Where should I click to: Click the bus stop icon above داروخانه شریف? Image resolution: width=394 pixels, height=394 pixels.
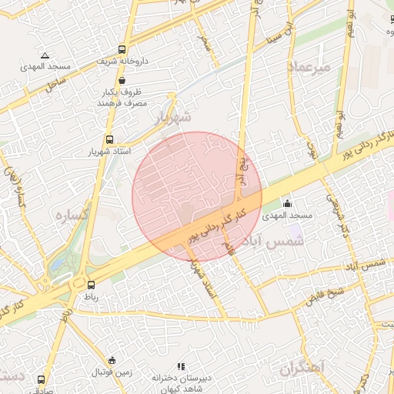(x=122, y=49)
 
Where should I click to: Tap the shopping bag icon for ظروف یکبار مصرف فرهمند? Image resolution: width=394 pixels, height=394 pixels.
(x=122, y=78)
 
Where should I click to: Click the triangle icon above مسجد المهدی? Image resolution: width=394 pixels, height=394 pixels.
(x=45, y=55)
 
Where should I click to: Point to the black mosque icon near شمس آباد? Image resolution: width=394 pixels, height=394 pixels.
(x=288, y=203)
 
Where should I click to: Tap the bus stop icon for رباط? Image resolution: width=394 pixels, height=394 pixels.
(x=91, y=284)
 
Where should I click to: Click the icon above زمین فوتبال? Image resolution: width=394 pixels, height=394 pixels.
(x=112, y=360)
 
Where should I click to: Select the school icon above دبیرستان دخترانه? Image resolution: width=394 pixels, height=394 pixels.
(x=181, y=367)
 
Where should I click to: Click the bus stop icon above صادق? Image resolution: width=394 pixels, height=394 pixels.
(x=41, y=379)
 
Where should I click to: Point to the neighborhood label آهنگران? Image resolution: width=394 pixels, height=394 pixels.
(x=304, y=369)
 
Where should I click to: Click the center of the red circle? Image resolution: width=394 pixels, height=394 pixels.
(x=197, y=196)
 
